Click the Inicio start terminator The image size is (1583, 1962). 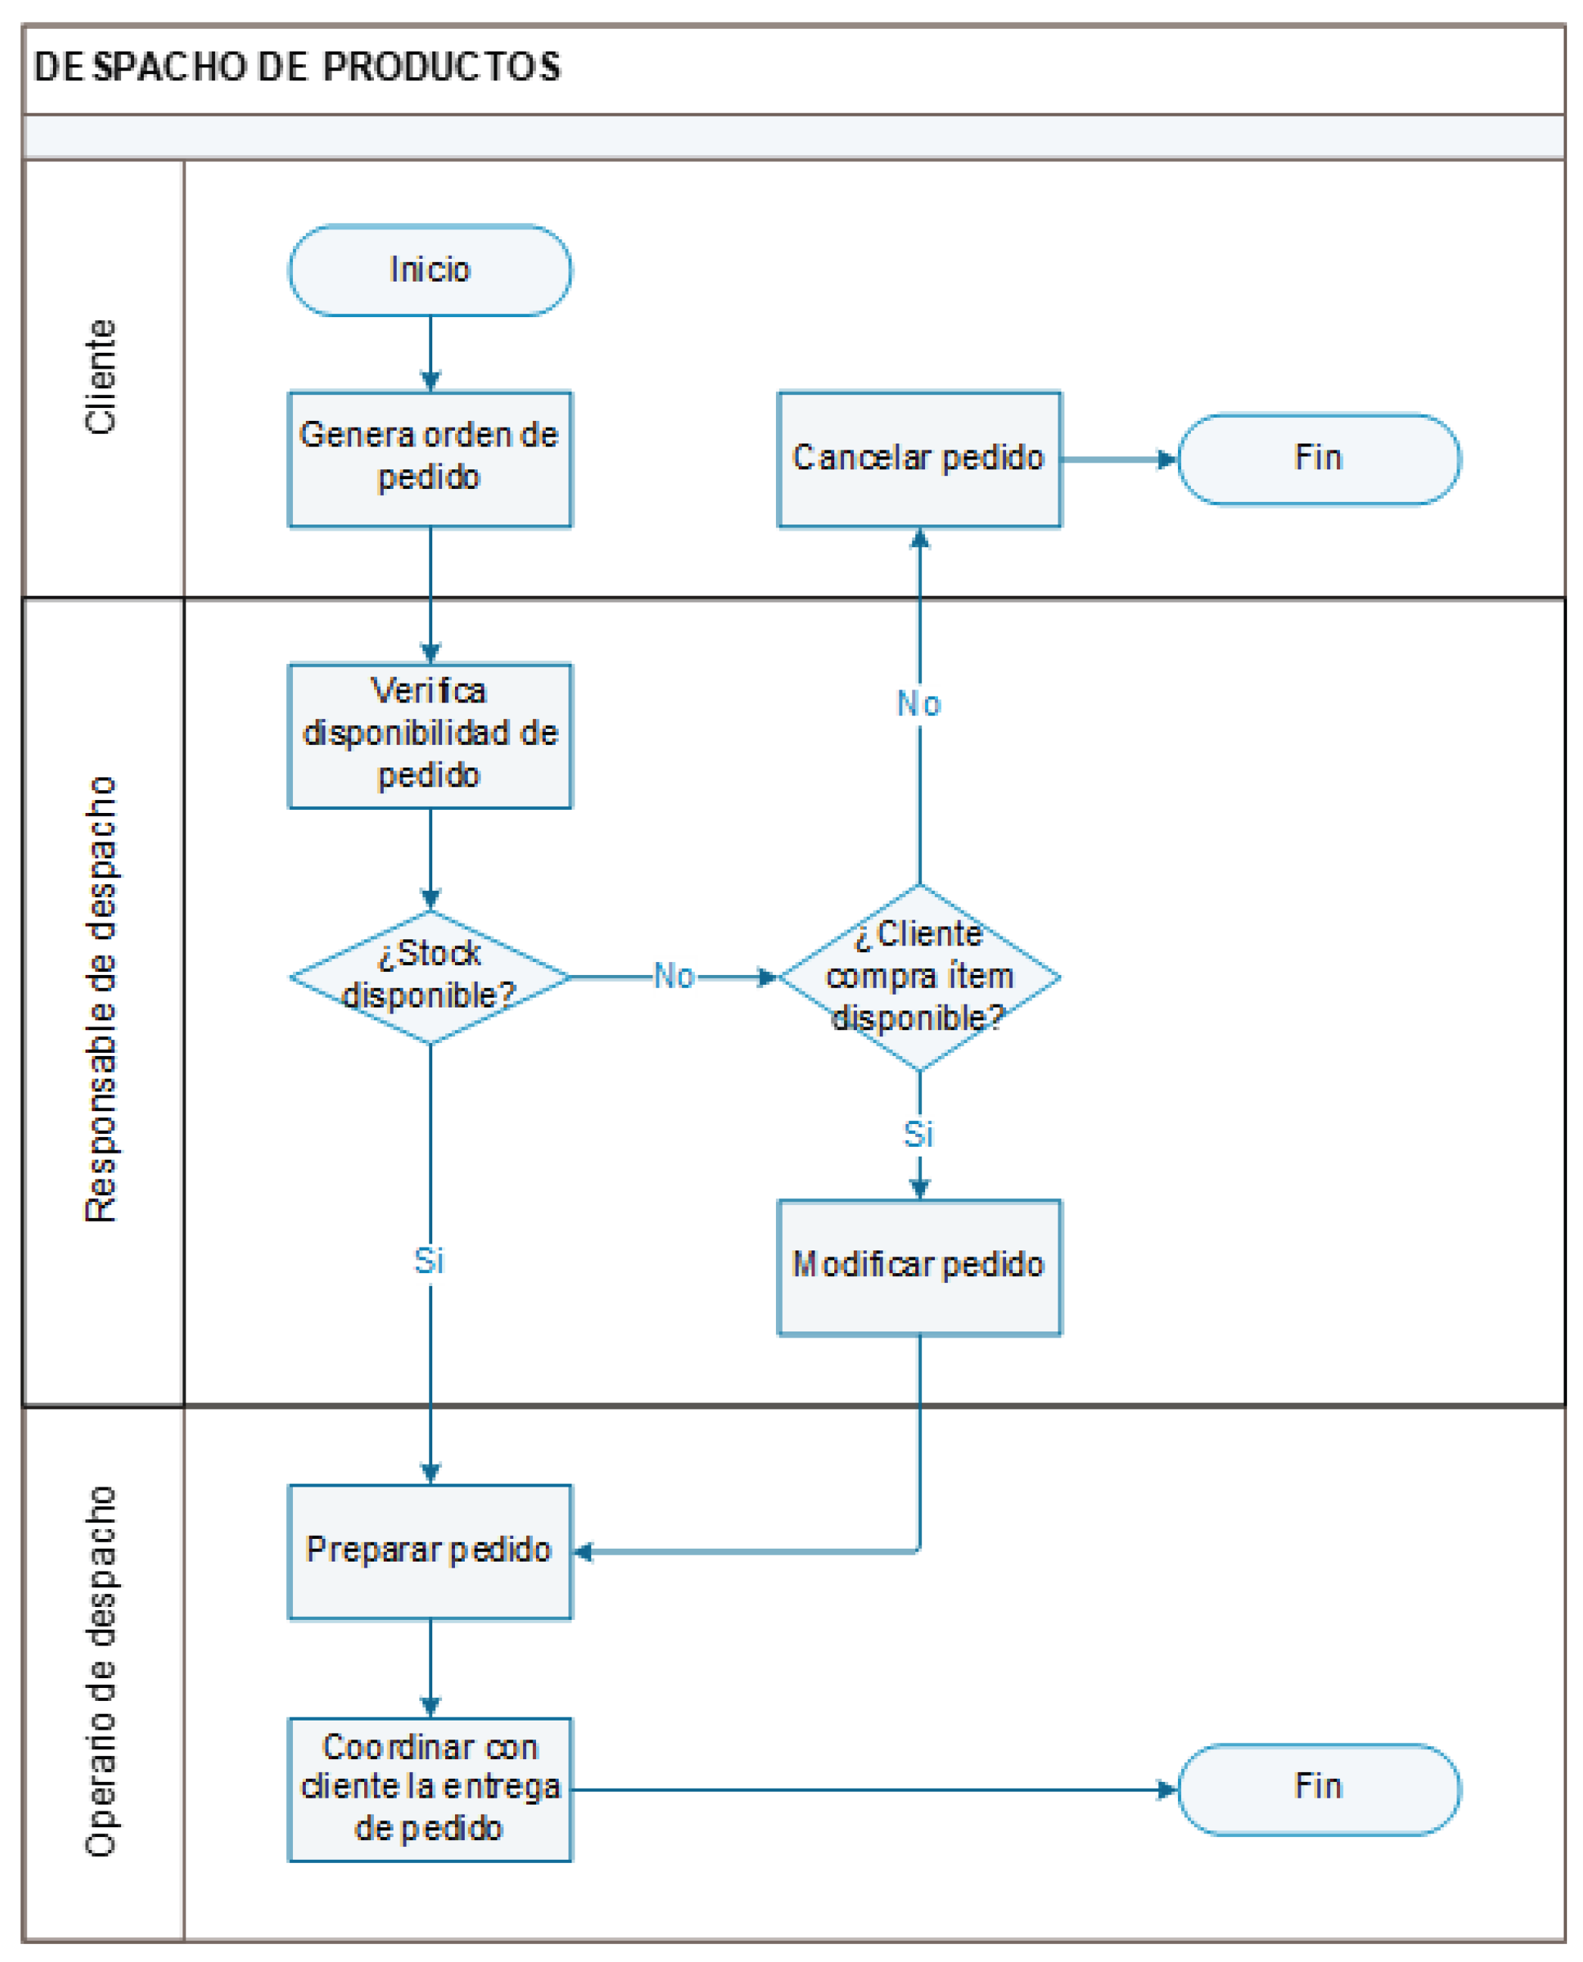[x=429, y=271]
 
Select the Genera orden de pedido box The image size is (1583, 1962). [x=429, y=459]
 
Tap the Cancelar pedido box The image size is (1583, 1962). [x=918, y=459]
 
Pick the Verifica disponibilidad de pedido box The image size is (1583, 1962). [x=429, y=735]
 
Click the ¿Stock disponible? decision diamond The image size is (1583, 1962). [x=429, y=976]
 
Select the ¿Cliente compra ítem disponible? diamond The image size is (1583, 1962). [x=918, y=976]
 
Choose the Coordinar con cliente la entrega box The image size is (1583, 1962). [x=429, y=1789]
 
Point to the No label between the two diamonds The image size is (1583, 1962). [x=674, y=976]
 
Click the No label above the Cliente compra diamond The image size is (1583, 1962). [x=918, y=704]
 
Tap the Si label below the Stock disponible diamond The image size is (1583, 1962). [x=428, y=1261]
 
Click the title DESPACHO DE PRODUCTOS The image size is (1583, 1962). [x=298, y=67]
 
